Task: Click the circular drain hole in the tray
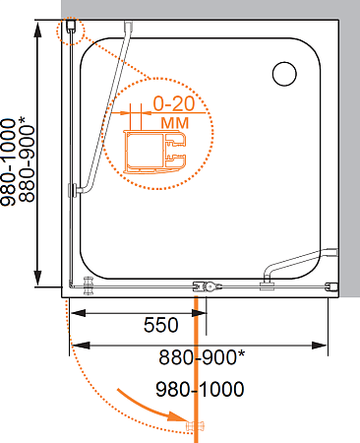coord(284,74)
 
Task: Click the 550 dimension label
coord(160,325)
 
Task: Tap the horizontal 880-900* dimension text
coord(202,356)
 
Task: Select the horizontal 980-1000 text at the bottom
coord(200,389)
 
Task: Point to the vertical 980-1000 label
coord(8,162)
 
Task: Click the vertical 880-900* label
coord(27,158)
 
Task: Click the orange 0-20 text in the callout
coord(174,103)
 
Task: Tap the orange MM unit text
coord(175,123)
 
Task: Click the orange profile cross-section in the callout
coord(154,152)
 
